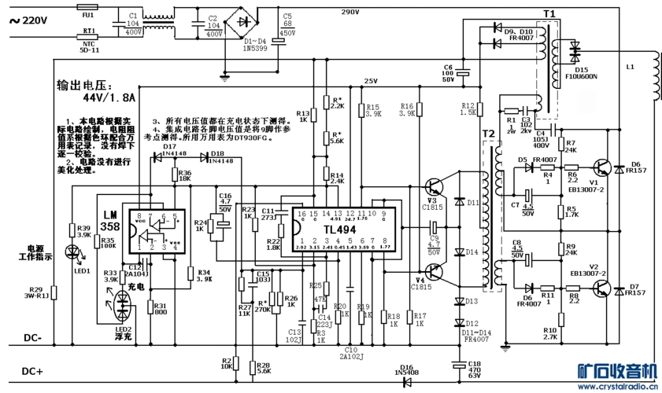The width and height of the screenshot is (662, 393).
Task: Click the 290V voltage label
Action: click(x=349, y=13)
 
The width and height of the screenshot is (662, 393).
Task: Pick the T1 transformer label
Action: click(x=549, y=14)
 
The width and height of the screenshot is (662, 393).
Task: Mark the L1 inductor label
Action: click(x=630, y=68)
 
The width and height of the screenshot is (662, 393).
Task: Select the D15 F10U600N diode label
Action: click(x=581, y=73)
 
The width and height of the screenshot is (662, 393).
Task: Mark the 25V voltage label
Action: click(x=371, y=82)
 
